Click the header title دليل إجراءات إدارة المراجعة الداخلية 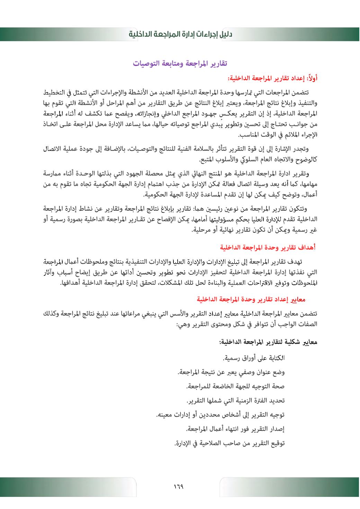tap(180, 34)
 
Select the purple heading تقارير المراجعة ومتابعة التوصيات tap(180, 64)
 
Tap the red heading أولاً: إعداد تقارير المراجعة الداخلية tap(272, 79)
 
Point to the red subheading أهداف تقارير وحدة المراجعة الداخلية tap(268, 247)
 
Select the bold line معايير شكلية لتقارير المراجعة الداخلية tap(268, 342)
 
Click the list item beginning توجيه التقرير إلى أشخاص tap(220, 415)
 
